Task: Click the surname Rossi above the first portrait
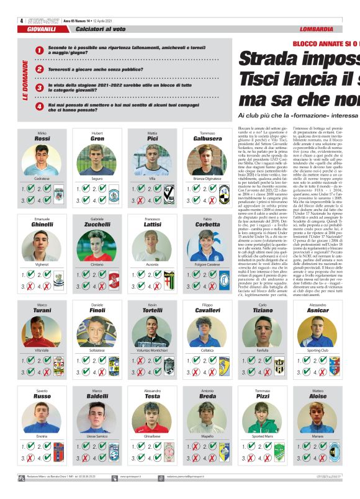[42, 140]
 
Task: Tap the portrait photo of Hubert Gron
[97, 160]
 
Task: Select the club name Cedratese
[42, 179]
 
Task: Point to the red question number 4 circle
[40, 107]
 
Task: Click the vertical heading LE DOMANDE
[25, 79]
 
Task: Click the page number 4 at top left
[22, 20]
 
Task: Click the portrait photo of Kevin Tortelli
[152, 331]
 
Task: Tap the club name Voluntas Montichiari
[152, 351]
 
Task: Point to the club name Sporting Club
[317, 351]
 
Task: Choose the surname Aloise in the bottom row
[317, 396]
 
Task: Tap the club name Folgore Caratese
[207, 264]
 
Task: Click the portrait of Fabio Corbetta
[207, 245]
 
